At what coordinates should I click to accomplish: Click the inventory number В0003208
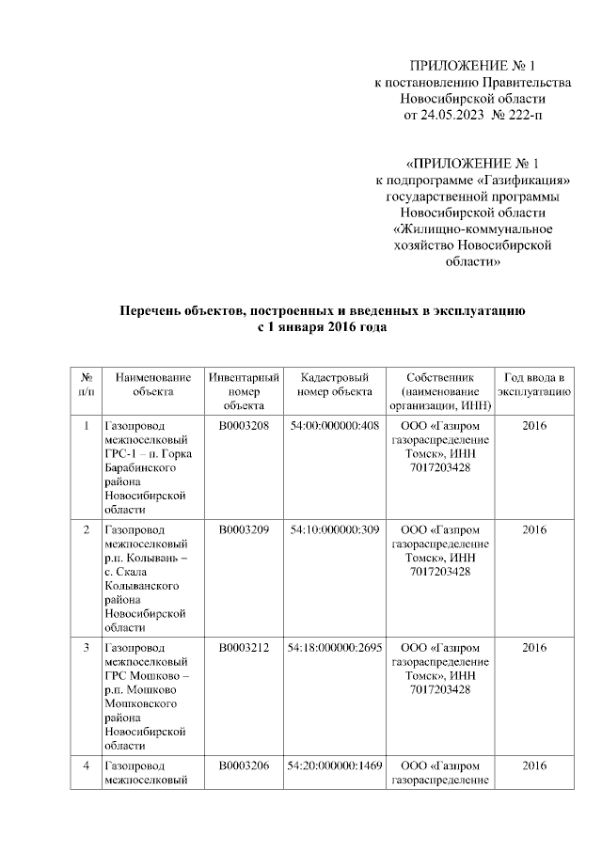[x=244, y=425]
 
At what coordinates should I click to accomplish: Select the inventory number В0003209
[x=244, y=529]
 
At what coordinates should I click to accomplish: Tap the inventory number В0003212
[x=244, y=647]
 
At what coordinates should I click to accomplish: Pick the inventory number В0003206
[x=244, y=765]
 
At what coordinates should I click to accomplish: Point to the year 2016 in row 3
[x=533, y=647]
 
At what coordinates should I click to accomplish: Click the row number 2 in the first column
[x=86, y=529]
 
